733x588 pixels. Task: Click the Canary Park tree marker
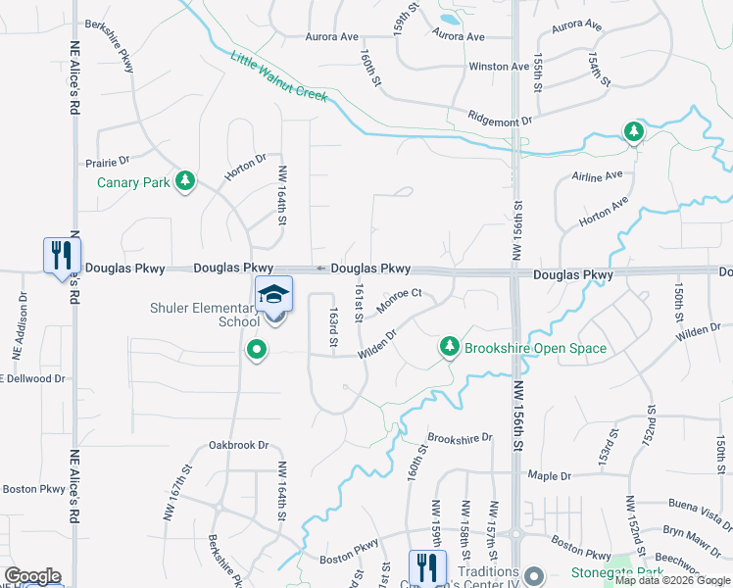pyautogui.click(x=184, y=181)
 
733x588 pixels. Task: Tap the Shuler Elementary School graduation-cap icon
pyautogui.click(x=274, y=293)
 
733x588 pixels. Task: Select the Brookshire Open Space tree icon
pyautogui.click(x=450, y=347)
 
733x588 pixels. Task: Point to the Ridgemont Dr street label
pyautogui.click(x=499, y=119)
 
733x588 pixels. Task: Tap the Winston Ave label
pyautogui.click(x=499, y=67)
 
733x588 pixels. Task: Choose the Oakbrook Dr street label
pyautogui.click(x=238, y=445)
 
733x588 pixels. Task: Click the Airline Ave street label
pyautogui.click(x=598, y=176)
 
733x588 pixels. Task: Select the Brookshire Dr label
pyautogui.click(x=460, y=438)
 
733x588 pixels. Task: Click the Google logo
pyautogui.click(x=32, y=576)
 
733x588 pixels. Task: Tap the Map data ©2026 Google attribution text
pyautogui.click(x=671, y=580)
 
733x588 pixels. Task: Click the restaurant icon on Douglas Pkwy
pyautogui.click(x=61, y=256)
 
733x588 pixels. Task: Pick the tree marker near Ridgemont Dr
pyautogui.click(x=634, y=130)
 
